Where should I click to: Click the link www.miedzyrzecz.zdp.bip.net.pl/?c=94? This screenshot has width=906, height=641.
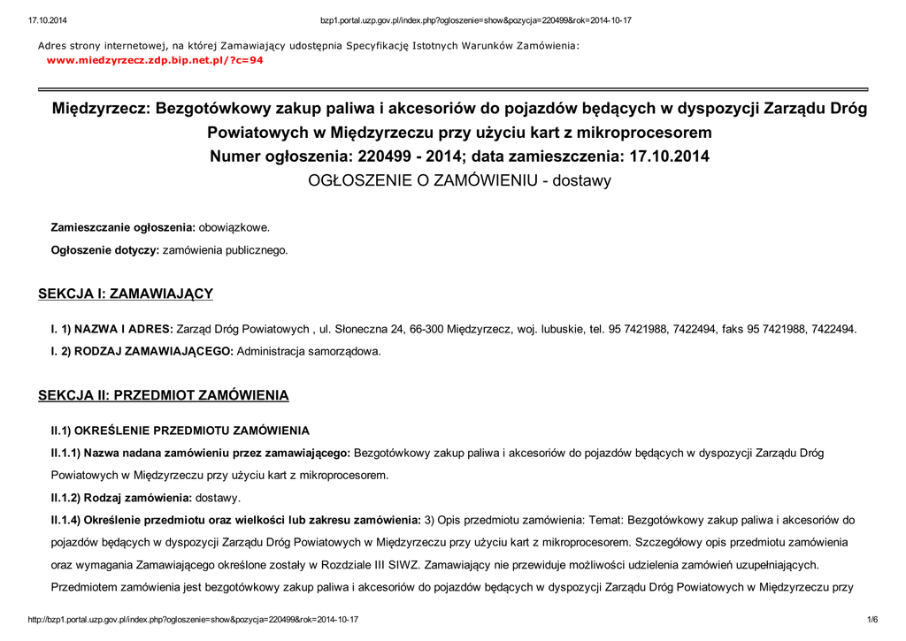[155, 60]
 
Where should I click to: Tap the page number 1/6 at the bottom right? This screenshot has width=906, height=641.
[871, 619]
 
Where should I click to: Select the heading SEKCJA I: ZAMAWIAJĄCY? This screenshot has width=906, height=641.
[126, 294]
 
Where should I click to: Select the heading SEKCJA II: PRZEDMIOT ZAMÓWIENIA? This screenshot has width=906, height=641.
[163, 395]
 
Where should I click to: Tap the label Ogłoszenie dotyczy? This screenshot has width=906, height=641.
[105, 250]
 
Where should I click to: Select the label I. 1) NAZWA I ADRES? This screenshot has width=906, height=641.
[112, 330]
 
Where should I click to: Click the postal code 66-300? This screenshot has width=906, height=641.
[427, 330]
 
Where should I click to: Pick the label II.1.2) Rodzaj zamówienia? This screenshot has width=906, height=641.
[121, 498]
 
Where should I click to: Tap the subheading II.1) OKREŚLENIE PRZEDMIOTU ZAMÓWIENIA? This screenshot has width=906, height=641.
[180, 431]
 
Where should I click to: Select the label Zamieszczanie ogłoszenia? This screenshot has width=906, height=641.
[122, 227]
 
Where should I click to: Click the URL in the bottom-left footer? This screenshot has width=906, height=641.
[194, 619]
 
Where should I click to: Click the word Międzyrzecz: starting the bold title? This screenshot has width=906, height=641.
[101, 109]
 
